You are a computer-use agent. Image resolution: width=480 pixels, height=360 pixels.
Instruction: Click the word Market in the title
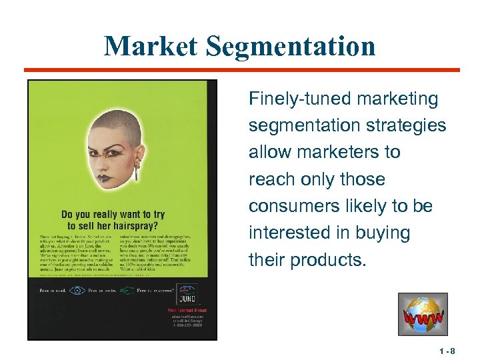[150, 46]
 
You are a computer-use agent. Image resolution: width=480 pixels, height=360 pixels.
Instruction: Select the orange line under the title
[242, 69]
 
